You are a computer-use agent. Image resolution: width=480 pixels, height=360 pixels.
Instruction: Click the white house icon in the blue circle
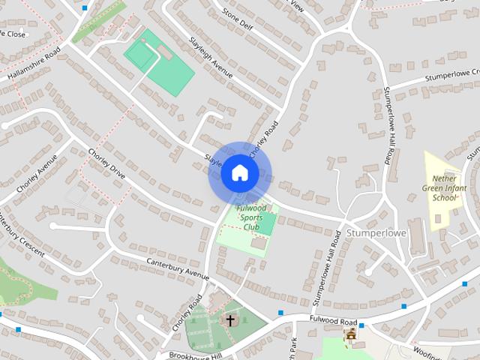tap(239, 173)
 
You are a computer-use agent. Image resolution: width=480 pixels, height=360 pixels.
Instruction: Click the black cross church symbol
tap(230, 320)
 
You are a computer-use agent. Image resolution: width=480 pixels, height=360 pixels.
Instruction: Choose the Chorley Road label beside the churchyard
tap(187, 313)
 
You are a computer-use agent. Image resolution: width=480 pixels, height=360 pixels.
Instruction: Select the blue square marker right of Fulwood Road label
tap(361, 325)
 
